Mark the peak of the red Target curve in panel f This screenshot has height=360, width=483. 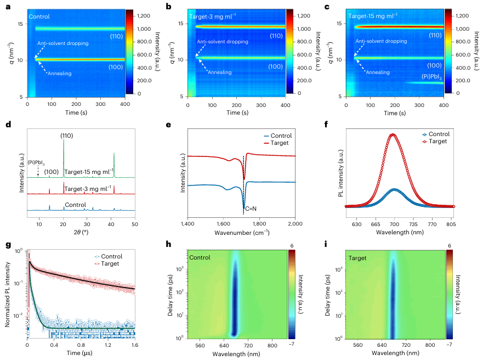click(392, 134)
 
